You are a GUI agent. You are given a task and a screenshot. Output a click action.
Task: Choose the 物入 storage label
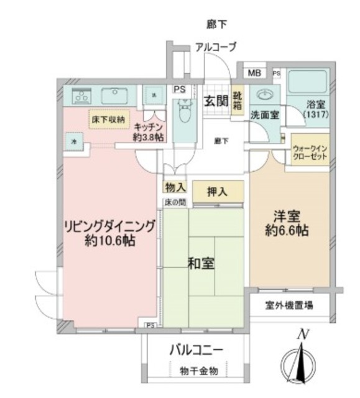click(x=175, y=187)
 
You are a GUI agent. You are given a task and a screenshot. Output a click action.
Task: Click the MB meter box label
click(x=254, y=73)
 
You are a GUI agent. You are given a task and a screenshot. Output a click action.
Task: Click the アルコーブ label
click(x=215, y=47)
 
